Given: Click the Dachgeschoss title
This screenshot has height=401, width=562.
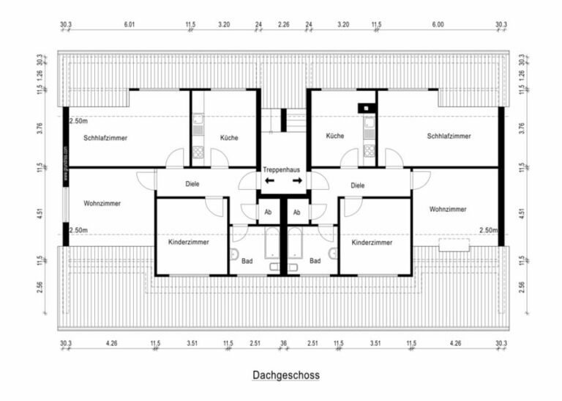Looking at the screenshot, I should (x=286, y=375).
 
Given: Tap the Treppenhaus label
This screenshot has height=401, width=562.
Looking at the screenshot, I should (x=282, y=169).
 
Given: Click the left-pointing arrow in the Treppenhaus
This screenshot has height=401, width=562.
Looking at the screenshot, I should (x=269, y=180).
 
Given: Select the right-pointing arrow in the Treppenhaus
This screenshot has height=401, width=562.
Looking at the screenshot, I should (x=296, y=180).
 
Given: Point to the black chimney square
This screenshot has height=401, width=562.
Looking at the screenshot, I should (x=364, y=108).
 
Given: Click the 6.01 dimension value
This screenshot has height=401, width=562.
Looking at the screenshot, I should (x=130, y=24).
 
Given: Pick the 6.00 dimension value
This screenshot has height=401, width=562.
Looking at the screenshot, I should (x=438, y=24).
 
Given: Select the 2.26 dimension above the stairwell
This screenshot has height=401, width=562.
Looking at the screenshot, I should (x=284, y=24).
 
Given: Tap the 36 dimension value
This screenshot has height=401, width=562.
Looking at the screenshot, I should (x=283, y=342).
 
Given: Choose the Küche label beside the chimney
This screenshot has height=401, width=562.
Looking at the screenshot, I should (x=335, y=136).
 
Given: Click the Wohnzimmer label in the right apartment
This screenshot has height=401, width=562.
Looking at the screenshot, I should (x=448, y=209).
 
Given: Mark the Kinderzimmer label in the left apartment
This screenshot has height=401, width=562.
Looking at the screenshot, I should (x=189, y=242).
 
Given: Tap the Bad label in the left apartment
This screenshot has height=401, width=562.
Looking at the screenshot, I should (x=247, y=260).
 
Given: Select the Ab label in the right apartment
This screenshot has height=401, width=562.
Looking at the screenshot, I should (x=296, y=213).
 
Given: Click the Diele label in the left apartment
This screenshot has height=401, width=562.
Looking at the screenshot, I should (x=192, y=185).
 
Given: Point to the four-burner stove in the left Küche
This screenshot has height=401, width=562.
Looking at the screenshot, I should (x=198, y=152).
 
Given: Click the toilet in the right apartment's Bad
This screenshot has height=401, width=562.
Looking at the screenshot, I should (x=333, y=254).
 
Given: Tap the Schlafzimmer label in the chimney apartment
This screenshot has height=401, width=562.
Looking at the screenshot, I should (x=449, y=136).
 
